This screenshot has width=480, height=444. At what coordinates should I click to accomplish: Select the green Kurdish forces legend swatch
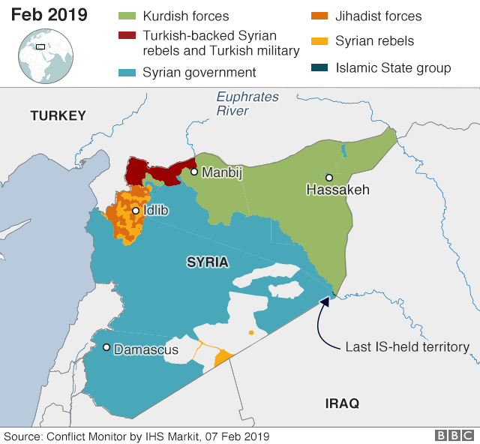click(x=126, y=16)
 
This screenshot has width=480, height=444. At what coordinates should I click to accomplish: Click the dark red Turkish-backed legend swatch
click(x=126, y=35)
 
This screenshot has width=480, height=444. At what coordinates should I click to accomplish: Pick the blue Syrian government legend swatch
click(x=126, y=72)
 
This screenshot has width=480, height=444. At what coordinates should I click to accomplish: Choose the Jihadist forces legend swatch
click(x=319, y=16)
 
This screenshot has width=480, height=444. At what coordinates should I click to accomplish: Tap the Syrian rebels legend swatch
click(x=319, y=41)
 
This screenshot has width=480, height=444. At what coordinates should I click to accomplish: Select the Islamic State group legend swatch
click(x=319, y=68)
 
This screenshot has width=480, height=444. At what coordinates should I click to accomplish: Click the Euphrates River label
click(x=247, y=103)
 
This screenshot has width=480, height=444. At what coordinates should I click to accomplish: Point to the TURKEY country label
click(x=58, y=115)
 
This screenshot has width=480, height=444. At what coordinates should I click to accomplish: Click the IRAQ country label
click(x=342, y=403)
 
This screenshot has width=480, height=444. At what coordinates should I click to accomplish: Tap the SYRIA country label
click(x=207, y=262)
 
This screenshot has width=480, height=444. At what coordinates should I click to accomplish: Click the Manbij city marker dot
click(x=193, y=172)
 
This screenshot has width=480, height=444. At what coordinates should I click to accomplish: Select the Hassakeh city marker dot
click(x=328, y=178)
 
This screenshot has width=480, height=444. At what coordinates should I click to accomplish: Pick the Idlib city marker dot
click(x=136, y=211)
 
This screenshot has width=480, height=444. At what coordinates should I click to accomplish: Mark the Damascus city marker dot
click(x=107, y=347)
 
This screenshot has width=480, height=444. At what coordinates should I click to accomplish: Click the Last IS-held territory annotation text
click(x=406, y=347)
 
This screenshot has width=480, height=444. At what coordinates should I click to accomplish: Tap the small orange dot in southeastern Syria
click(x=251, y=332)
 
